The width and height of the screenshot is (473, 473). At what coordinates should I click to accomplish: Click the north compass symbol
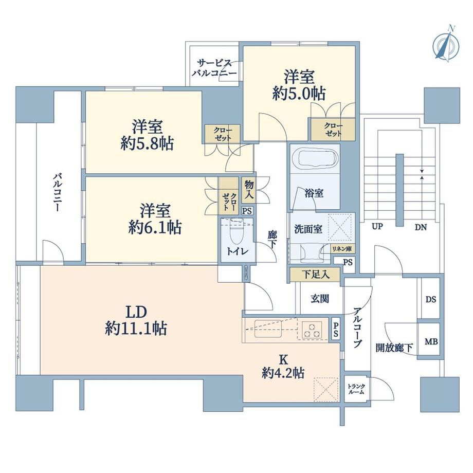(x=446, y=45)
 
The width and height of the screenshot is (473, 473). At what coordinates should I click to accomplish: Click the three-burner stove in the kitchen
(x=312, y=330)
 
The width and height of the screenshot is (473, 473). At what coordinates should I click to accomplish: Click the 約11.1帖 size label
(x=136, y=328)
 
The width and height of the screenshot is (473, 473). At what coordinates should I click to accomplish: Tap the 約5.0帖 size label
(x=299, y=94)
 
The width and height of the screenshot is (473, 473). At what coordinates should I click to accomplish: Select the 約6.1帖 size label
(x=155, y=227)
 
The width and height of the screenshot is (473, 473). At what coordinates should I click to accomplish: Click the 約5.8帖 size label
(x=147, y=144)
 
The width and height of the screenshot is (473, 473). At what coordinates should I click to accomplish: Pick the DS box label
(x=431, y=300)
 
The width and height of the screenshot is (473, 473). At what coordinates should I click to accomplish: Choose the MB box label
(x=431, y=342)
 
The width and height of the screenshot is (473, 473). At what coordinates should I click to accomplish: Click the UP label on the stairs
(x=377, y=227)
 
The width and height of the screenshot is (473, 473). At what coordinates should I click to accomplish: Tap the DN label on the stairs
(x=421, y=227)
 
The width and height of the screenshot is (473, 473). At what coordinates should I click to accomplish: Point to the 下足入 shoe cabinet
(x=315, y=275)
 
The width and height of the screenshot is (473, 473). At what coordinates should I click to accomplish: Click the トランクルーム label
(x=356, y=389)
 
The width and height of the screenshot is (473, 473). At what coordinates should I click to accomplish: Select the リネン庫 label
(x=342, y=249)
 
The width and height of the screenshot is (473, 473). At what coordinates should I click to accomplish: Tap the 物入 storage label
(x=249, y=189)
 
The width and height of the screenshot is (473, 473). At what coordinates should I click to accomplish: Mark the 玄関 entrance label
(x=320, y=299)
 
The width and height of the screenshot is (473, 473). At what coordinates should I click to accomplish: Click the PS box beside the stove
(x=336, y=330)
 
